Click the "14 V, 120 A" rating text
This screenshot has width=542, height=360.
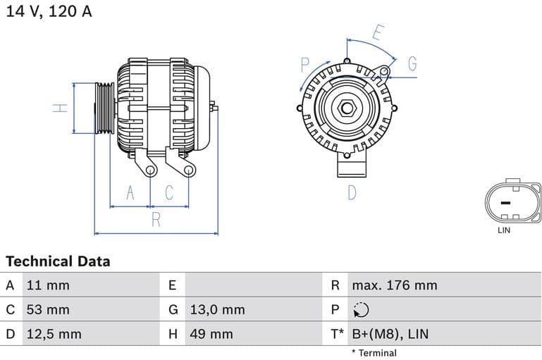tap(49, 12)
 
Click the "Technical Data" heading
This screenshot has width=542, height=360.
tap(58, 261)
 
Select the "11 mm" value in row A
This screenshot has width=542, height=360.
tap(48, 285)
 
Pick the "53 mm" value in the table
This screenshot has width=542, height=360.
tap(48, 309)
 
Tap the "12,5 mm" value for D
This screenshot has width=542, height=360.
tap(54, 334)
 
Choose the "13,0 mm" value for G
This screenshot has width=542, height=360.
tap(217, 309)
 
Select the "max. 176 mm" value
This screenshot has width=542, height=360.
tap(395, 285)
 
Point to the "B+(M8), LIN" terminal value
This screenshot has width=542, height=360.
tap(390, 334)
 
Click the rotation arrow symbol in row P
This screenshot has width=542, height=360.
tap(360, 310)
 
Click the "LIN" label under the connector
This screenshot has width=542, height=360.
tap(504, 230)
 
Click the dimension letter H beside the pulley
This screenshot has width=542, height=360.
tap(61, 108)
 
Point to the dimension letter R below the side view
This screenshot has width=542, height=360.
tap(156, 220)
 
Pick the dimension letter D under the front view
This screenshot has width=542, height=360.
tap(352, 192)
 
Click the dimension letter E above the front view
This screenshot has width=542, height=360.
tap(378, 33)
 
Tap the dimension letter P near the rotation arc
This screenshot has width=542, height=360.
tap(305, 65)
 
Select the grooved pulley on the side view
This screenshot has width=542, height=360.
tap(105, 108)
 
